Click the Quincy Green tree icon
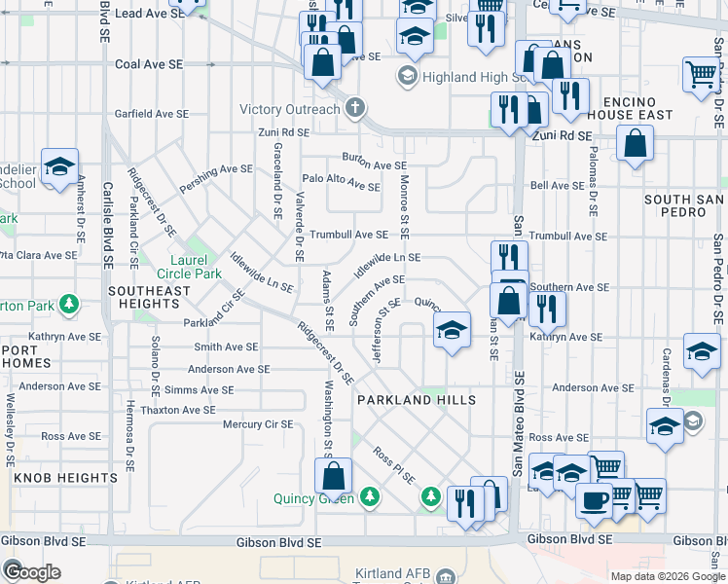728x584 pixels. (369, 497)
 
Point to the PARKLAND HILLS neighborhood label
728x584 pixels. (416, 400)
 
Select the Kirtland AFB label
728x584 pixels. (389, 576)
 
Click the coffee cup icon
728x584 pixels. (594, 500)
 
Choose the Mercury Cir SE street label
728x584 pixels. (258, 424)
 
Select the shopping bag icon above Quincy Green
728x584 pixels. (333, 475)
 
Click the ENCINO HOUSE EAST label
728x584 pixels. (637, 108)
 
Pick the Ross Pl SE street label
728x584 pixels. (393, 465)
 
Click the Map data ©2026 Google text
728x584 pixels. (666, 576)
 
